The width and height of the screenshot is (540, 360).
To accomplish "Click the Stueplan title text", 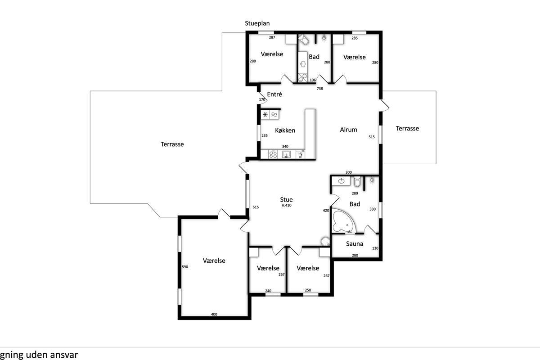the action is tap(257, 23).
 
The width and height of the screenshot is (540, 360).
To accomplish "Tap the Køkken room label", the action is tap(285, 130).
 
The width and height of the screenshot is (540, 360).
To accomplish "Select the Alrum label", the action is tap(348, 130).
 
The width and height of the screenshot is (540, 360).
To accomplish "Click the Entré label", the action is tap(274, 94).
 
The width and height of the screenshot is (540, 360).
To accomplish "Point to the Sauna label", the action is tap(355, 244).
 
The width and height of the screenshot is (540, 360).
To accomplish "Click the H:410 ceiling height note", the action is tap(286, 206).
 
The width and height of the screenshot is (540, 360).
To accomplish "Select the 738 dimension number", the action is tap(319, 89).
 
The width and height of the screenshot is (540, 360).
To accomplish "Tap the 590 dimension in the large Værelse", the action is tap(185, 267).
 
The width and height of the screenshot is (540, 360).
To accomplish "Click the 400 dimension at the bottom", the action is tap(214, 314).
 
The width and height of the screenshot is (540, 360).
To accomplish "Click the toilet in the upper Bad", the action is tap(304, 40).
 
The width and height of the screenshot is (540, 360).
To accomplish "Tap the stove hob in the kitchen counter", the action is tap(273, 154).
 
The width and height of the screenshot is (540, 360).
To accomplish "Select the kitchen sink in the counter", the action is tap(286, 154).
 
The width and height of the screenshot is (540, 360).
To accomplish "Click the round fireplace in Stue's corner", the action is tap(325, 241).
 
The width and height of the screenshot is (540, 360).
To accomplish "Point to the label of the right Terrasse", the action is tap(407, 129).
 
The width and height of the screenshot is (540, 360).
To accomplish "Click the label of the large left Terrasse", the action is tap(172, 144).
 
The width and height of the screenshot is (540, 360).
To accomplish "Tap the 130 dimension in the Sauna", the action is tap(375, 248).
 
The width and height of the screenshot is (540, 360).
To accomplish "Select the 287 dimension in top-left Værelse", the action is tap(272, 37).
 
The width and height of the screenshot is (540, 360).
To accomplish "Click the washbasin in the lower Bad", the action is tap(341, 181).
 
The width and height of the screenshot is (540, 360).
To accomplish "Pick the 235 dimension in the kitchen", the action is tap(265, 135).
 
